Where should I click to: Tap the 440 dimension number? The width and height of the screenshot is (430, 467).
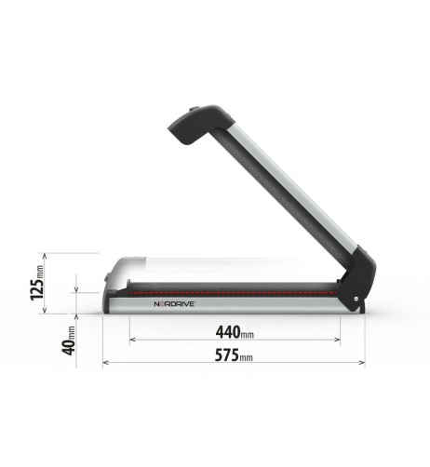click(229, 331)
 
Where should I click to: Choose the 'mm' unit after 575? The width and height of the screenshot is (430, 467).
click(246, 357)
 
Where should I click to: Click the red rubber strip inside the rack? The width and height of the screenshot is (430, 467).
click(233, 289)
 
